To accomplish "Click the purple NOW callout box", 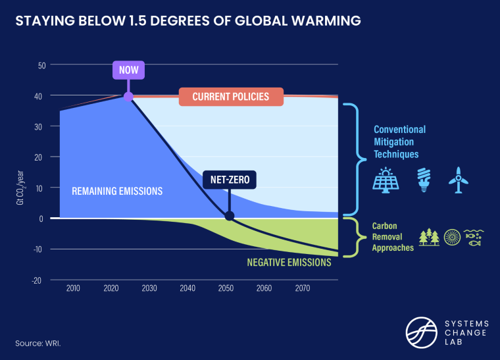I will (x=128, y=70).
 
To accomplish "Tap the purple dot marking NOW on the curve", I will (x=128, y=97).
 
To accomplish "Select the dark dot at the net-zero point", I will (x=229, y=216).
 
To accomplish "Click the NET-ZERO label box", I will (x=229, y=179).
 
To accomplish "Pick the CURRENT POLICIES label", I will (x=231, y=97).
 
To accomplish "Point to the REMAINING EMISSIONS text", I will (x=117, y=192).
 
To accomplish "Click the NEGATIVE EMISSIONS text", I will (x=288, y=262).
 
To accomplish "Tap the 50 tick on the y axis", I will (x=41, y=65).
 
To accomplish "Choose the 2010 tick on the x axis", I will (x=72, y=289).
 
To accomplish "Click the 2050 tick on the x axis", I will (x=226, y=289).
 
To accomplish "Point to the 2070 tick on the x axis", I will (x=303, y=289).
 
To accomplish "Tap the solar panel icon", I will (x=385, y=178).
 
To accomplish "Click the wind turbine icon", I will (x=458, y=178).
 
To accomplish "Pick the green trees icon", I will (x=430, y=237).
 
